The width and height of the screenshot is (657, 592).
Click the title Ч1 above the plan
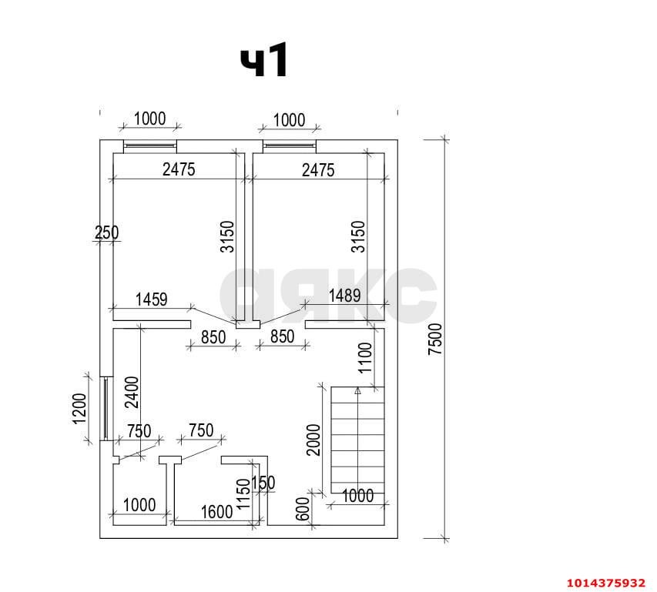[x=264, y=60]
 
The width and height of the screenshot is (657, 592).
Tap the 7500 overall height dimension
[x=435, y=339]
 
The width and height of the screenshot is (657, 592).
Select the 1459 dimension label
[x=151, y=299]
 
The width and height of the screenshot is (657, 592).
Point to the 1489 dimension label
[x=344, y=296]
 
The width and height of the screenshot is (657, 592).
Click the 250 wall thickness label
[x=106, y=232]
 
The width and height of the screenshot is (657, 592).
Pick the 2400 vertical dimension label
[x=132, y=393]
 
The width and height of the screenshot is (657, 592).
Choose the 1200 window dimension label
[x=79, y=409]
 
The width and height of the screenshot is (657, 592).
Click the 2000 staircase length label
[x=313, y=440]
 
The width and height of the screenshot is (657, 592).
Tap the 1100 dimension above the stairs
[x=365, y=357]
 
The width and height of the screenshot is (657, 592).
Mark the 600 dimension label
[x=303, y=509]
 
